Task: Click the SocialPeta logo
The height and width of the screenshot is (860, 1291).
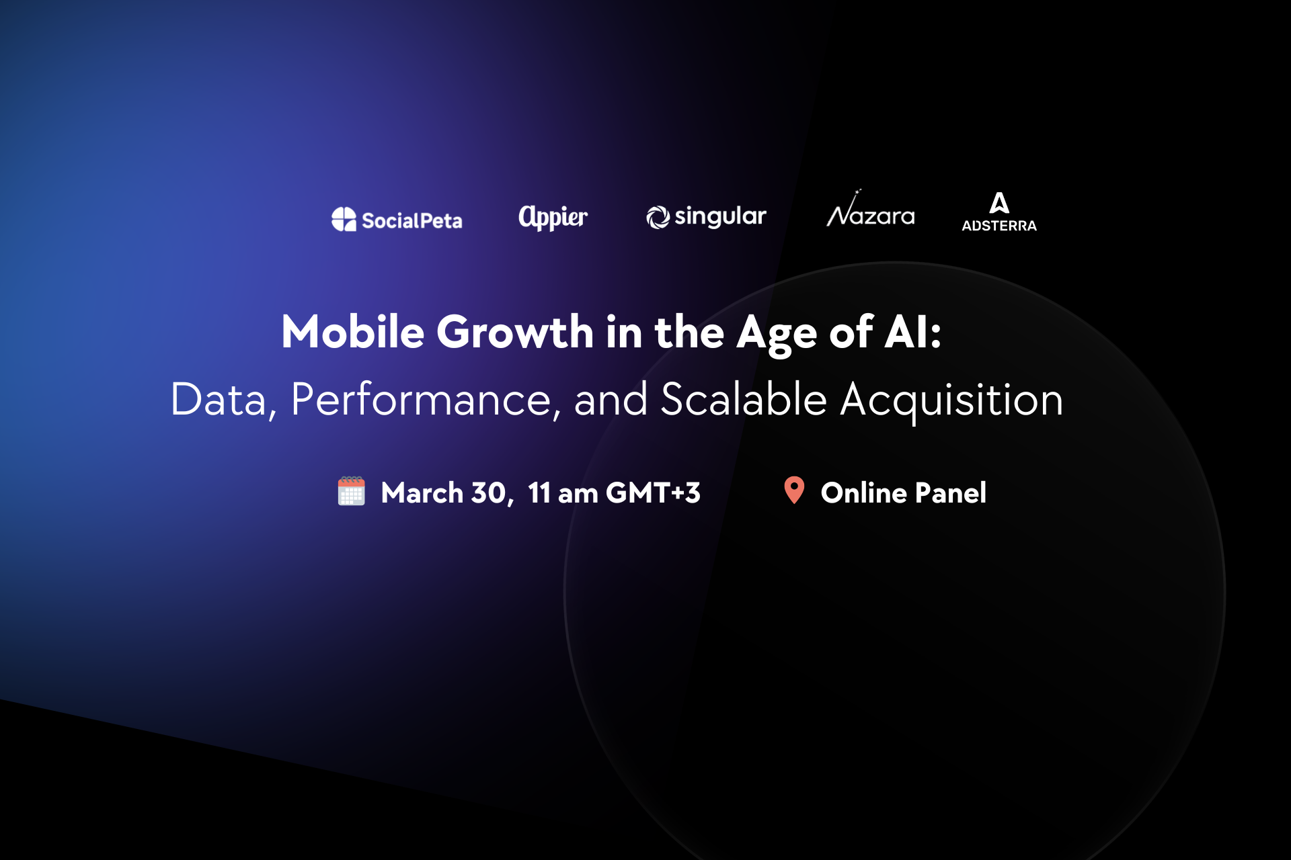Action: [397, 219]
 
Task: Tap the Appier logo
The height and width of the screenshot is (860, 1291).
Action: [553, 217]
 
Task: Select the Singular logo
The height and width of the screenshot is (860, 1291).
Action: [706, 216]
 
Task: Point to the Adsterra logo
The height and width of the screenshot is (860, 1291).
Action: [999, 212]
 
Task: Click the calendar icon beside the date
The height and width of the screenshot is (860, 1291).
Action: [351, 491]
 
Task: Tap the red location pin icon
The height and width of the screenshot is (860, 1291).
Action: [794, 490]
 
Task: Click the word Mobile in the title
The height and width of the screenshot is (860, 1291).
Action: [353, 332]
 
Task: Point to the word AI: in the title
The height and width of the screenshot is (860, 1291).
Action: [913, 332]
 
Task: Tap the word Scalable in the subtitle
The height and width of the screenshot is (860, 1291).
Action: [744, 399]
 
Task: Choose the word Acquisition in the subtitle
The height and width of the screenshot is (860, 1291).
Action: [951, 400]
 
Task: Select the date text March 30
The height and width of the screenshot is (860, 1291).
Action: [446, 493]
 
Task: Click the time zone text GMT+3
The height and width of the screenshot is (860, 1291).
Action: [653, 492]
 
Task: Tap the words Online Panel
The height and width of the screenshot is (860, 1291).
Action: [904, 492]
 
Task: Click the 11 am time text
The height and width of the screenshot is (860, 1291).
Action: [563, 493]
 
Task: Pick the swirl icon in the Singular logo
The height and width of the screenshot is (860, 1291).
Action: [658, 217]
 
